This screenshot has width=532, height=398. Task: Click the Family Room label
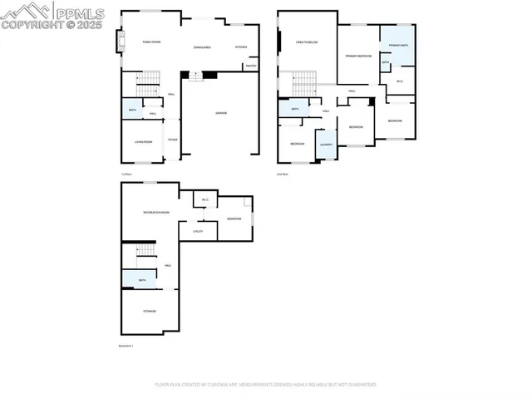(x=150, y=42)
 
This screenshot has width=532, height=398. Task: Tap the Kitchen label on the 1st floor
(x=241, y=47)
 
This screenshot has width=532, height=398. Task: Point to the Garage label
(x=221, y=113)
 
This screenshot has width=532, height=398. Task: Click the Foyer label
(x=173, y=140)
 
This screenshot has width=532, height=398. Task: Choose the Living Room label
(x=144, y=142)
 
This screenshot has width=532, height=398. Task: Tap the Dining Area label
(x=202, y=47)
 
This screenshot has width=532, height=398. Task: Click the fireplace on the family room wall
(x=120, y=42)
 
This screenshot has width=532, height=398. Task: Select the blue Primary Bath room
(x=398, y=46)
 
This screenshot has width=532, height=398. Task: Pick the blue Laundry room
(x=326, y=144)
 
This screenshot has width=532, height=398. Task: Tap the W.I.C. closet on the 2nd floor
(x=400, y=81)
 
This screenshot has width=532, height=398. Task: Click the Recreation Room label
(x=156, y=213)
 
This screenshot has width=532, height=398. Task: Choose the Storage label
(x=150, y=311)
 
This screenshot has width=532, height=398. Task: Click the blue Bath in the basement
(x=142, y=281)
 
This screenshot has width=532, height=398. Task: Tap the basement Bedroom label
(x=234, y=219)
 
